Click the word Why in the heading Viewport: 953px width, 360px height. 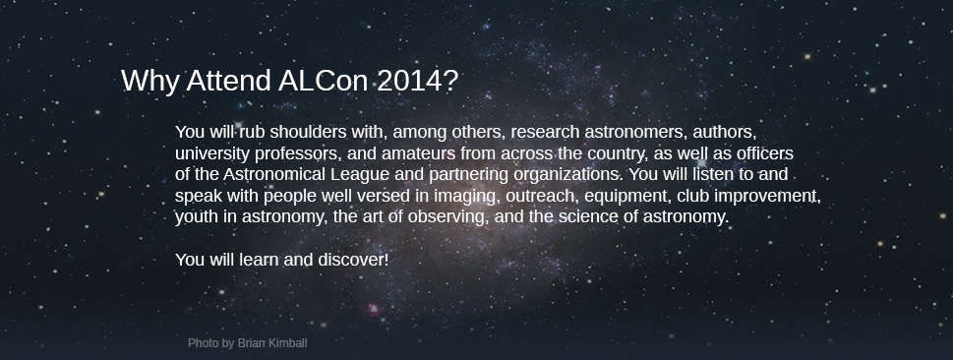(150, 82)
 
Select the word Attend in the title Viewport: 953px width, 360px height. (228, 81)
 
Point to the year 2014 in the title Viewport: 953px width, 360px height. (417, 81)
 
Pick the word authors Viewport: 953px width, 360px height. (725, 133)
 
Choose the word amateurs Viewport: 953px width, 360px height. (418, 153)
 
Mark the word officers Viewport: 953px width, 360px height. (764, 153)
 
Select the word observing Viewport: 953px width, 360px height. (448, 217)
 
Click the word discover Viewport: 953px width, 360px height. (353, 261)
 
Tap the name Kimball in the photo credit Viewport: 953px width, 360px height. (287, 343)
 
